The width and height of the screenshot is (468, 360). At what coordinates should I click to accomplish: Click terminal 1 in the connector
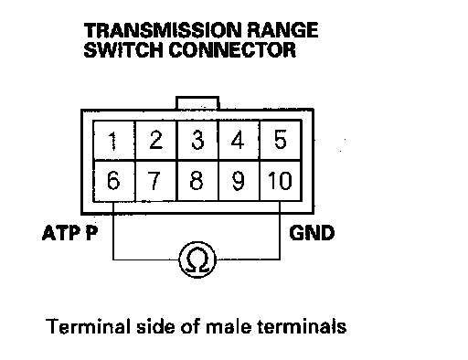[113, 140]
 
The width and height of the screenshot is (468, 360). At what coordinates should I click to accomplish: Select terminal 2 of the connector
[155, 140]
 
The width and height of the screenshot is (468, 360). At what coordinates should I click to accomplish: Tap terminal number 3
[197, 140]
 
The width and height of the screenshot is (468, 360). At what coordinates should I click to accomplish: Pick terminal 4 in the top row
[239, 140]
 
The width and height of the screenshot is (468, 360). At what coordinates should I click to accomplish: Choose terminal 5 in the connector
[281, 140]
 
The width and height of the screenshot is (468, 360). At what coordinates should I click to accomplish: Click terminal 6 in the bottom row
[113, 181]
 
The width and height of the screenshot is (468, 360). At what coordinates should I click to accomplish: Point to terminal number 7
[155, 181]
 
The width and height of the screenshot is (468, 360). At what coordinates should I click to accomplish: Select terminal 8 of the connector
[197, 181]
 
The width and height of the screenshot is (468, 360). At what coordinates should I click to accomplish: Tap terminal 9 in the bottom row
[239, 181]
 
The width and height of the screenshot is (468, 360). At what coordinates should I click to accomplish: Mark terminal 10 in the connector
[281, 181]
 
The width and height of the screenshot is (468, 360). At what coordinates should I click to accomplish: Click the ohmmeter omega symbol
[197, 259]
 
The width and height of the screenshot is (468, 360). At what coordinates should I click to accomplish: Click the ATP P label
[70, 233]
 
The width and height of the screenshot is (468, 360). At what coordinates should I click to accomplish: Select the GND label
[312, 233]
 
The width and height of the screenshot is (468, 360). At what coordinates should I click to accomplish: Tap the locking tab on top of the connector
[197, 102]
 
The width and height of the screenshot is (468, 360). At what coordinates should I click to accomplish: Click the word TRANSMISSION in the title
[163, 30]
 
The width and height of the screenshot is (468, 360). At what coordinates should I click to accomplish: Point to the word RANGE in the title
[282, 30]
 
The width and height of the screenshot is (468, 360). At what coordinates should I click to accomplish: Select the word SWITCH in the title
[123, 50]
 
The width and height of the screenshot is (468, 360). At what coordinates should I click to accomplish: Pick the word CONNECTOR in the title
[232, 50]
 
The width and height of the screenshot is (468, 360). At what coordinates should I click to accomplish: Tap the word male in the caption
[229, 327]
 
